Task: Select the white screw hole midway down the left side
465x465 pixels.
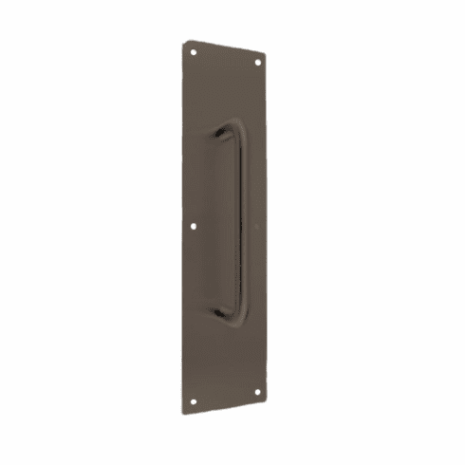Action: click(x=194, y=227)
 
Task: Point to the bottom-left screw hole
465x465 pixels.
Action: click(x=194, y=400)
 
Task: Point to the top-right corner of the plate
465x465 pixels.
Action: click(x=267, y=54)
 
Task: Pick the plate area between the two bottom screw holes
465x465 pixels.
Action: click(x=225, y=392)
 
